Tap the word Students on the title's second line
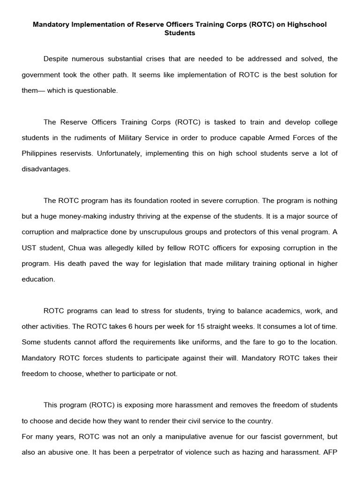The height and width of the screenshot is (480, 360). point(180,33)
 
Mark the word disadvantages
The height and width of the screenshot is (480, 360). point(46,169)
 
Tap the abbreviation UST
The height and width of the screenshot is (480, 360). point(30,248)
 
